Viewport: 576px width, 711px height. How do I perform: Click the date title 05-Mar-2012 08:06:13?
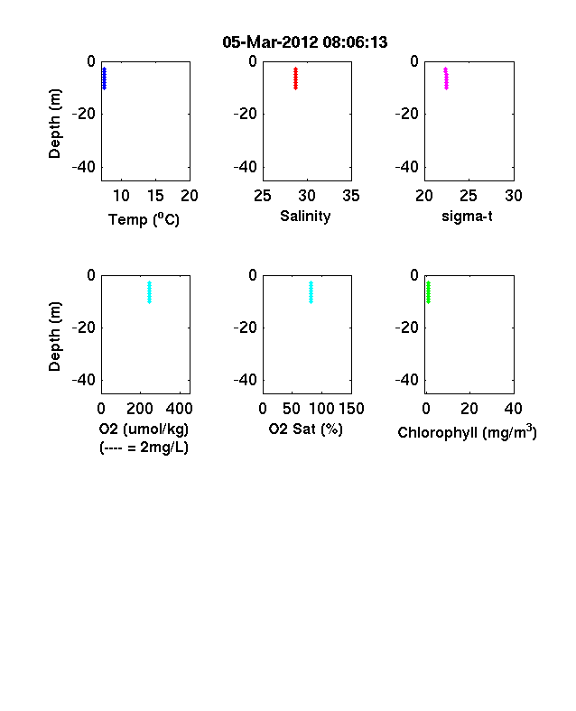[x=305, y=42]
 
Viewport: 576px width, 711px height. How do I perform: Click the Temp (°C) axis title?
[x=144, y=219]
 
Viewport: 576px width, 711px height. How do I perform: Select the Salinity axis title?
[x=305, y=216]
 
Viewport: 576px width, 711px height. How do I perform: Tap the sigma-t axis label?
[x=467, y=217]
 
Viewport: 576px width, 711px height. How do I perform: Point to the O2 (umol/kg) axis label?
[x=144, y=429]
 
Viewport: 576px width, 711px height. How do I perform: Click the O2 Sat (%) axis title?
[x=306, y=429]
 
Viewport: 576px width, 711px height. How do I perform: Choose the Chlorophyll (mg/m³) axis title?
[x=467, y=432]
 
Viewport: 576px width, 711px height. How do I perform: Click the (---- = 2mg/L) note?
[x=144, y=448]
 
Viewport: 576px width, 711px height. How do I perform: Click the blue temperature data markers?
[x=105, y=78]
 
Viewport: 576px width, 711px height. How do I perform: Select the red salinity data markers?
[x=296, y=78]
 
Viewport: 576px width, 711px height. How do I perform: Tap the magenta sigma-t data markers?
[x=446, y=78]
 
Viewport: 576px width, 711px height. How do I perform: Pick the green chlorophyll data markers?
[x=428, y=292]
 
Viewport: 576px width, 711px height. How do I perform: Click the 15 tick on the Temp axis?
[x=155, y=196]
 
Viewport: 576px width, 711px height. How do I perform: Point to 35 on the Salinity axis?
[x=351, y=196]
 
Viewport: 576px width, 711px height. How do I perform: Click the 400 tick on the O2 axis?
[x=179, y=409]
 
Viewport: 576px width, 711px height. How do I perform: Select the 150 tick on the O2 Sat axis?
[x=351, y=409]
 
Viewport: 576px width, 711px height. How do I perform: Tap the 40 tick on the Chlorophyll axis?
[x=513, y=409]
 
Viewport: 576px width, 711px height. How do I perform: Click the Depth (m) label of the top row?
[x=54, y=124]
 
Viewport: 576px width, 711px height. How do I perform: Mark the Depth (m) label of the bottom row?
[x=54, y=337]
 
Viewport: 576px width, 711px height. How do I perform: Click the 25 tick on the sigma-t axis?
[x=469, y=196]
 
